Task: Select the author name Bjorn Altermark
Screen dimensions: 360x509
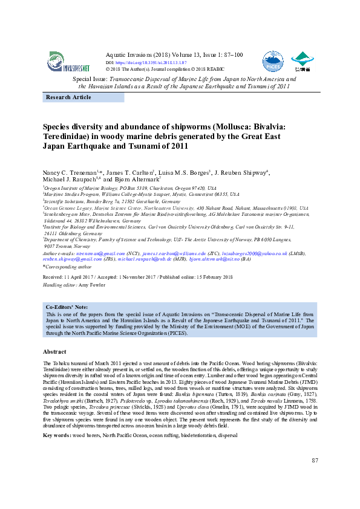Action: click(x=137, y=180)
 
